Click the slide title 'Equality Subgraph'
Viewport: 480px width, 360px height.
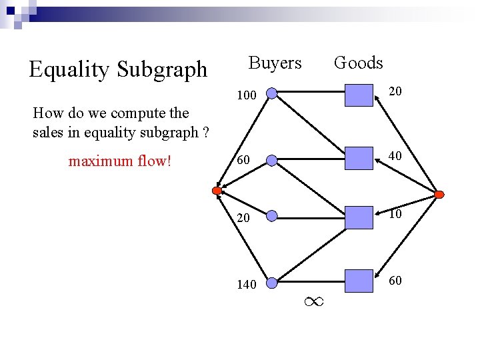click(118, 69)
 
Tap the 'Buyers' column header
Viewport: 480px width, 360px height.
click(275, 63)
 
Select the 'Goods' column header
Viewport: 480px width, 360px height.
click(358, 63)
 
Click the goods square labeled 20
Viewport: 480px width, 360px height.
click(359, 95)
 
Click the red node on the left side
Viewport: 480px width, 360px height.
click(217, 191)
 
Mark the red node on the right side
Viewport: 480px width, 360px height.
click(439, 194)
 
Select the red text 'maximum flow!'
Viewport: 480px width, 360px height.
click(120, 161)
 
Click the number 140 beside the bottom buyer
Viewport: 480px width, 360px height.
click(247, 285)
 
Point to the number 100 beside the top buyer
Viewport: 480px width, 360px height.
click(247, 97)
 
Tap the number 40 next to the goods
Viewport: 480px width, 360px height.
click(395, 156)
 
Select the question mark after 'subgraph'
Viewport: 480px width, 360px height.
click(206, 132)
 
